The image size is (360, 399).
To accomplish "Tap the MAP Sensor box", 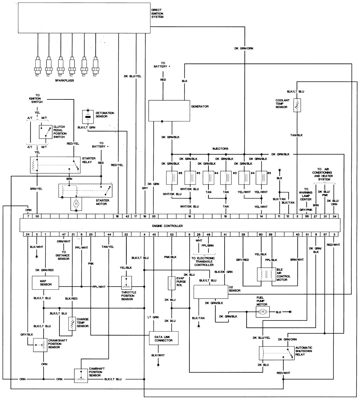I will pos(45,282).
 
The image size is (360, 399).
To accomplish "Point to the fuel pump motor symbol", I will pos(263,311).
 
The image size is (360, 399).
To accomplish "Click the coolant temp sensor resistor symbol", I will pos(297,107).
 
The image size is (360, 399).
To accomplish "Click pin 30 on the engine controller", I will pos(37,216).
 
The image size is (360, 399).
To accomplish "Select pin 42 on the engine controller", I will pos(127,216).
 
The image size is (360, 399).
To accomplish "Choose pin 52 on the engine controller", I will pos(172,235).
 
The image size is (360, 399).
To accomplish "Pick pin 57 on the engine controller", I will pos(325,235).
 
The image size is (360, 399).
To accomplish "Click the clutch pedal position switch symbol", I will pos(46,132).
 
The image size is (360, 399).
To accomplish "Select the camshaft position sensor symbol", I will pos(80,376).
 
